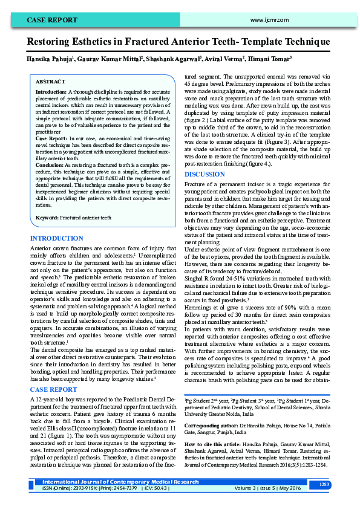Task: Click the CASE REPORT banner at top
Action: click(51, 20)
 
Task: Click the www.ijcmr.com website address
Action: click(266, 20)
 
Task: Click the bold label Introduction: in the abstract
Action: click(51, 92)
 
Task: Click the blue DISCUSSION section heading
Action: click(205, 174)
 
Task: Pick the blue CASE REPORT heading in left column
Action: click(54, 389)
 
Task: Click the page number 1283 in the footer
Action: click(324, 484)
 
